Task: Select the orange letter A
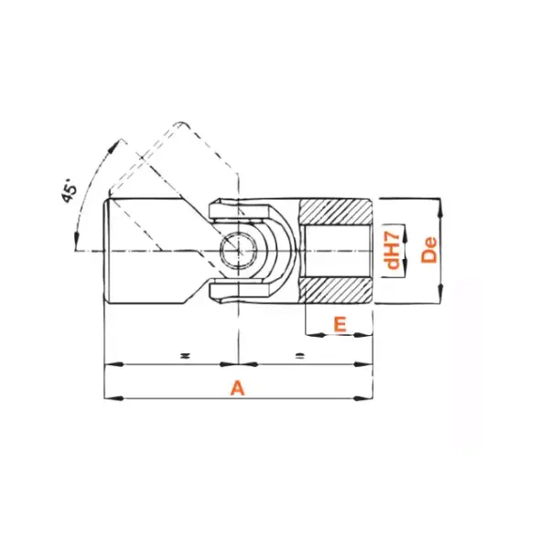pos(237,388)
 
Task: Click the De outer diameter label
pos(429,250)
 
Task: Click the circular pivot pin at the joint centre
pos(241,250)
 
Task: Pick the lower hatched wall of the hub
pos(335,291)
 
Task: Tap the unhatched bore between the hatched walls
pos(335,250)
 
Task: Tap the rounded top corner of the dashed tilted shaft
pos(181,123)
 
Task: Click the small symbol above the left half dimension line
pos(184,353)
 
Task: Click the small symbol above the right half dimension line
pos(300,353)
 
